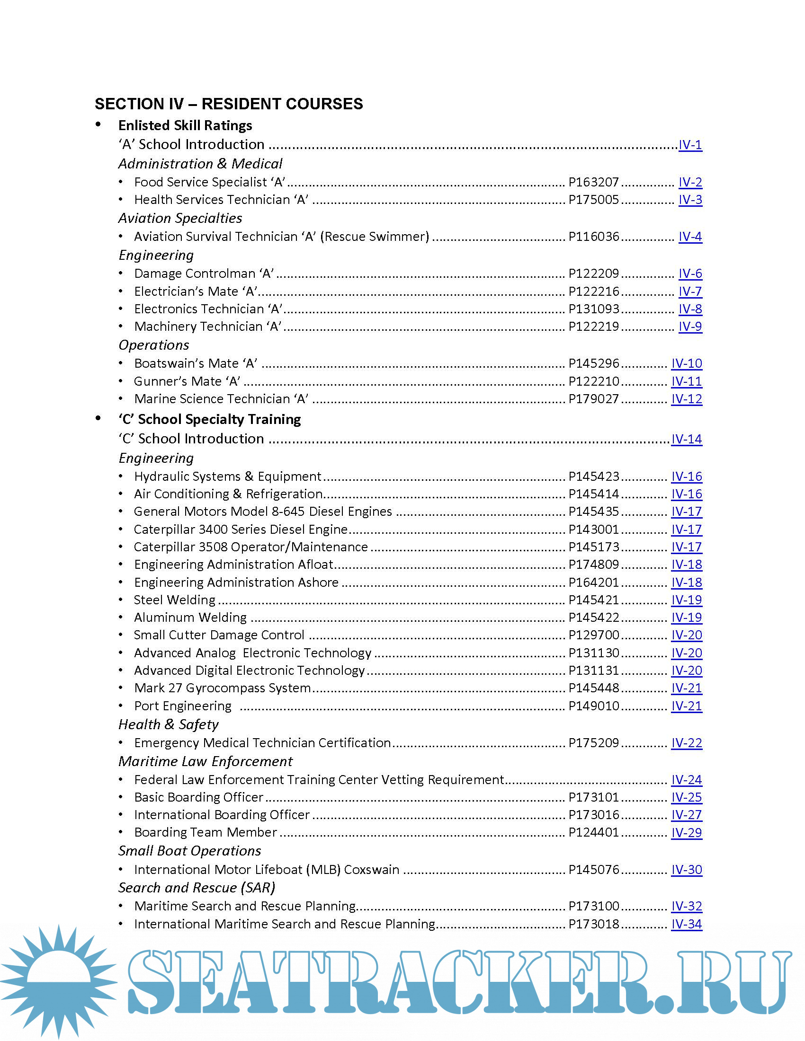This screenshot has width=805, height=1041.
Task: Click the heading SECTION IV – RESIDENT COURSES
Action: [228, 104]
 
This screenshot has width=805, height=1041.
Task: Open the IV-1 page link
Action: [689, 144]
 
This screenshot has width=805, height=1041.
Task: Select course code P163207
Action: [593, 182]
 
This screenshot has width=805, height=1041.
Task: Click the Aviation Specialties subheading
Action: [180, 218]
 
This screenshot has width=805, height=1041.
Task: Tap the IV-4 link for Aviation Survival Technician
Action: [689, 237]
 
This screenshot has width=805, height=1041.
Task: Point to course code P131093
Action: [593, 309]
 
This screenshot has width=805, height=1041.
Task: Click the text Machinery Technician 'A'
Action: [207, 326]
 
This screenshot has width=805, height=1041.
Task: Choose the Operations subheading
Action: [153, 345]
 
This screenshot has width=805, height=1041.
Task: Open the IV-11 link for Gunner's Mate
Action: [686, 381]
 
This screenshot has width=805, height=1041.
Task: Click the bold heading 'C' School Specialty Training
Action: [209, 419]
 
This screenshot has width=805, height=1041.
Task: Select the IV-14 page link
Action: [686, 439]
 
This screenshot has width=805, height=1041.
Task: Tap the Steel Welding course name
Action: [175, 600]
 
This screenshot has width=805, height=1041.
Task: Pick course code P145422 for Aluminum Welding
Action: [593, 617]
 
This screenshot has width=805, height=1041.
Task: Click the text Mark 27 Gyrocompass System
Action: [222, 688]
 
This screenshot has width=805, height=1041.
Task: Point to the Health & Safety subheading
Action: [169, 724]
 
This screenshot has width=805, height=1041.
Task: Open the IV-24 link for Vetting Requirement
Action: [686, 780]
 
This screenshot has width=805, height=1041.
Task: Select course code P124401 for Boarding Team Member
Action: [593, 832]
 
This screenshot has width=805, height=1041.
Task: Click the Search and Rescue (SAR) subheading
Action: [197, 888]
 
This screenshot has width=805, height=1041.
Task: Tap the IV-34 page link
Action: [686, 924]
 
